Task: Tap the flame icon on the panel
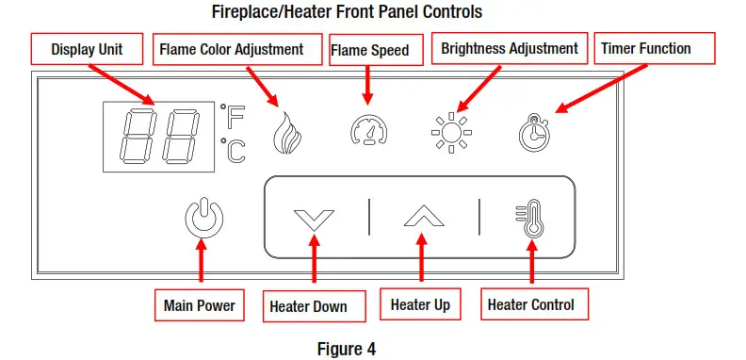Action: point(284,133)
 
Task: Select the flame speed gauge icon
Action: point(366,131)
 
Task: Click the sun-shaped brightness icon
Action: point(450,133)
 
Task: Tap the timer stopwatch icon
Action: point(533,133)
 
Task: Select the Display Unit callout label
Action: point(87,48)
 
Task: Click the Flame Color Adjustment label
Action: point(232,48)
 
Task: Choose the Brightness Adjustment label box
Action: point(509,48)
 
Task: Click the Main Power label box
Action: point(199,305)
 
